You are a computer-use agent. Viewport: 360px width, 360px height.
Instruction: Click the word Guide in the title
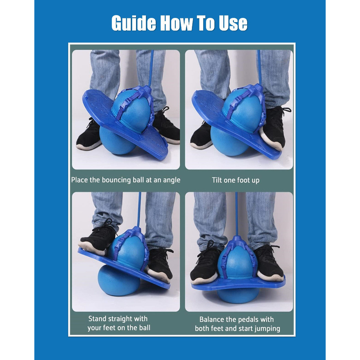134,23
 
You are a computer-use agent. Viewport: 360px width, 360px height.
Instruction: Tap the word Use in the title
233,23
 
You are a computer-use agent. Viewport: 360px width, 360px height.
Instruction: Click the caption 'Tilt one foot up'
236,180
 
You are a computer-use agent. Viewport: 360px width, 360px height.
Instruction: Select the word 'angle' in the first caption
171,180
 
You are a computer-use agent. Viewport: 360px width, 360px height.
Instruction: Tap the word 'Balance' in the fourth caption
210,319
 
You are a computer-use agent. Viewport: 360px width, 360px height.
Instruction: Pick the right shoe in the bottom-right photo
268,264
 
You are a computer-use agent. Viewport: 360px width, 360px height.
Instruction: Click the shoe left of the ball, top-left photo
89,135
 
